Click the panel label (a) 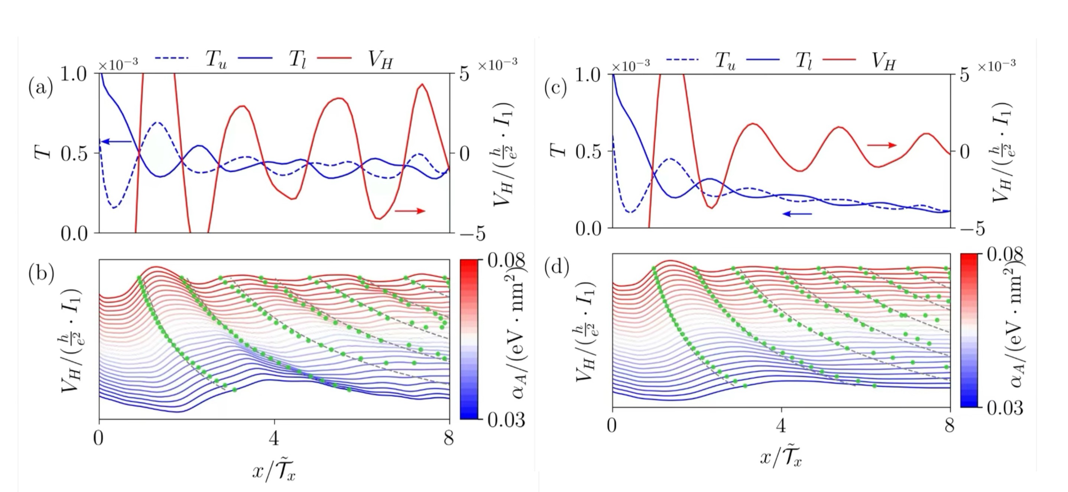(x=40, y=88)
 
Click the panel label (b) (x=41, y=274)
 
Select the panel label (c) (x=556, y=88)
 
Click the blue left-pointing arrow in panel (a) (x=117, y=142)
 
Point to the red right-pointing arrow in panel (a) (x=410, y=211)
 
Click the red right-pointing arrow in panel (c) (x=882, y=145)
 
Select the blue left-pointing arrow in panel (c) (x=796, y=214)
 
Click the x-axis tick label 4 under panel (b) (x=274, y=438)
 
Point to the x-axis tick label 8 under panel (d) (x=949, y=426)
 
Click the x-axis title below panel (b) (x=274, y=470)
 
